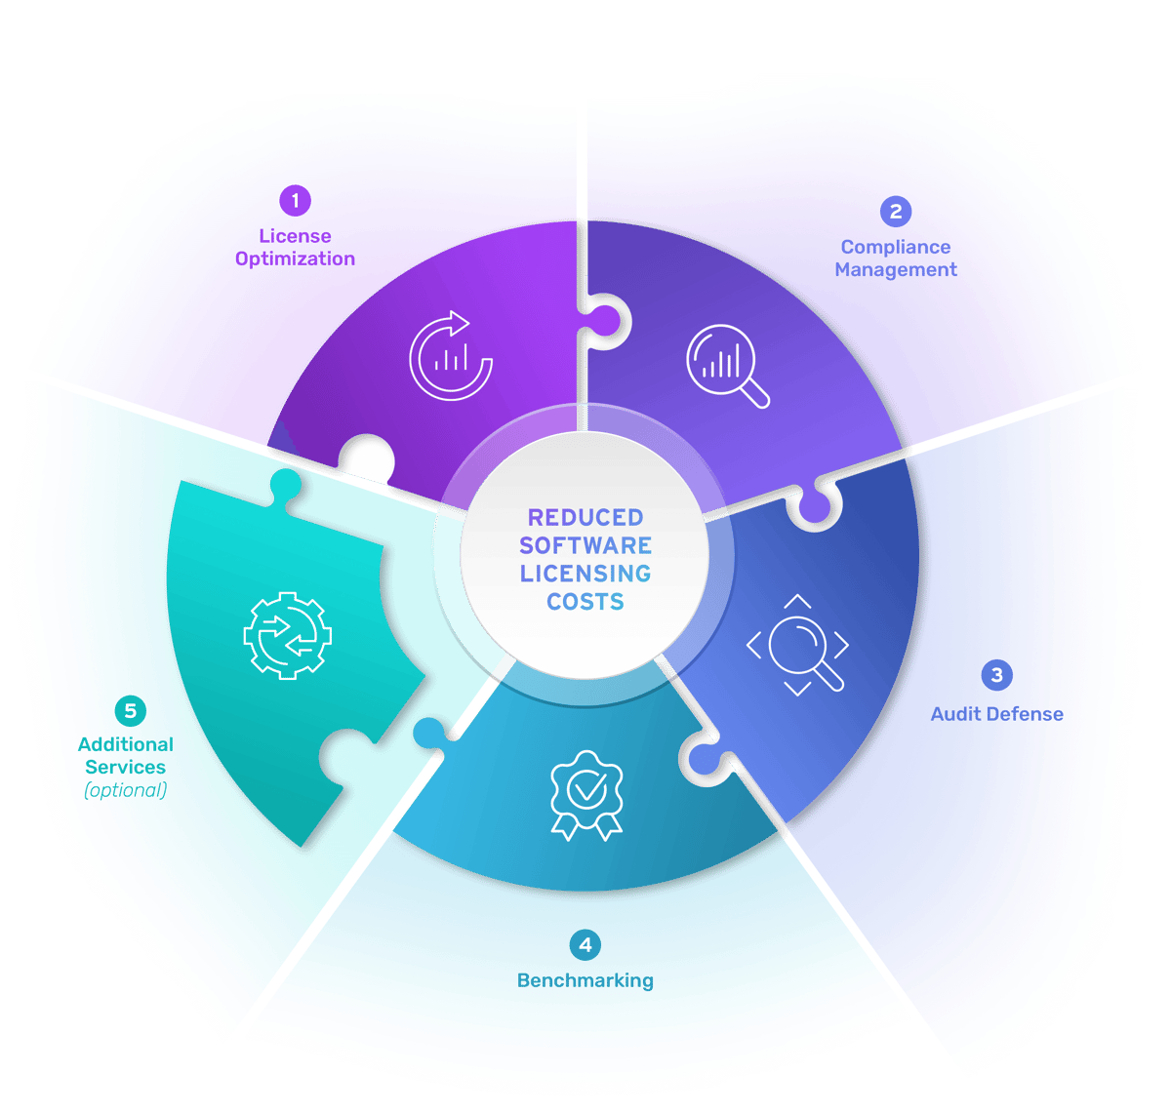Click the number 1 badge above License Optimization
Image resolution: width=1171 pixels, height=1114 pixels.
click(295, 201)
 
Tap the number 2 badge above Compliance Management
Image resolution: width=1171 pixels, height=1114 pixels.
click(896, 211)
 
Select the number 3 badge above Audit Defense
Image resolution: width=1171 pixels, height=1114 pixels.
click(996, 675)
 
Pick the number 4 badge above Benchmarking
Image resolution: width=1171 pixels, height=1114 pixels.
click(585, 944)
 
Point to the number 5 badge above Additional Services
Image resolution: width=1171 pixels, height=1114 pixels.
click(130, 711)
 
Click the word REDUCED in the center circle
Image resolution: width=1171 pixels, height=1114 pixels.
click(585, 517)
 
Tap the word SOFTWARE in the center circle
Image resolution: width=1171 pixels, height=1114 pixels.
click(585, 545)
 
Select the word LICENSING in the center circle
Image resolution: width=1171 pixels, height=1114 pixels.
click(585, 574)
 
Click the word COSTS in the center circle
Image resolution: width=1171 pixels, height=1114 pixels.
click(585, 602)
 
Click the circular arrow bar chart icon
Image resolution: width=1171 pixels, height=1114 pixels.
click(450, 356)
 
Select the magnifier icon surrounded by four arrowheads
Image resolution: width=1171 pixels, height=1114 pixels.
click(798, 645)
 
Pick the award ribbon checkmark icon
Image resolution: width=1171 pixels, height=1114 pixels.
click(585, 794)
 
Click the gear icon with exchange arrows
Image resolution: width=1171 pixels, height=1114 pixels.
click(287, 634)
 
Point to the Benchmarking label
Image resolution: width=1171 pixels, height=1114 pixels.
click(585, 980)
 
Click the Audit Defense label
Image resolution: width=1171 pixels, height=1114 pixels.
click(996, 714)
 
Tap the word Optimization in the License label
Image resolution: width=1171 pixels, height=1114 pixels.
click(295, 259)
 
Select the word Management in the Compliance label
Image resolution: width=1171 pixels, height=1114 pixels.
click(896, 270)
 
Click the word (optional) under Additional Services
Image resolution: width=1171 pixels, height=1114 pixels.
click(125, 790)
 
